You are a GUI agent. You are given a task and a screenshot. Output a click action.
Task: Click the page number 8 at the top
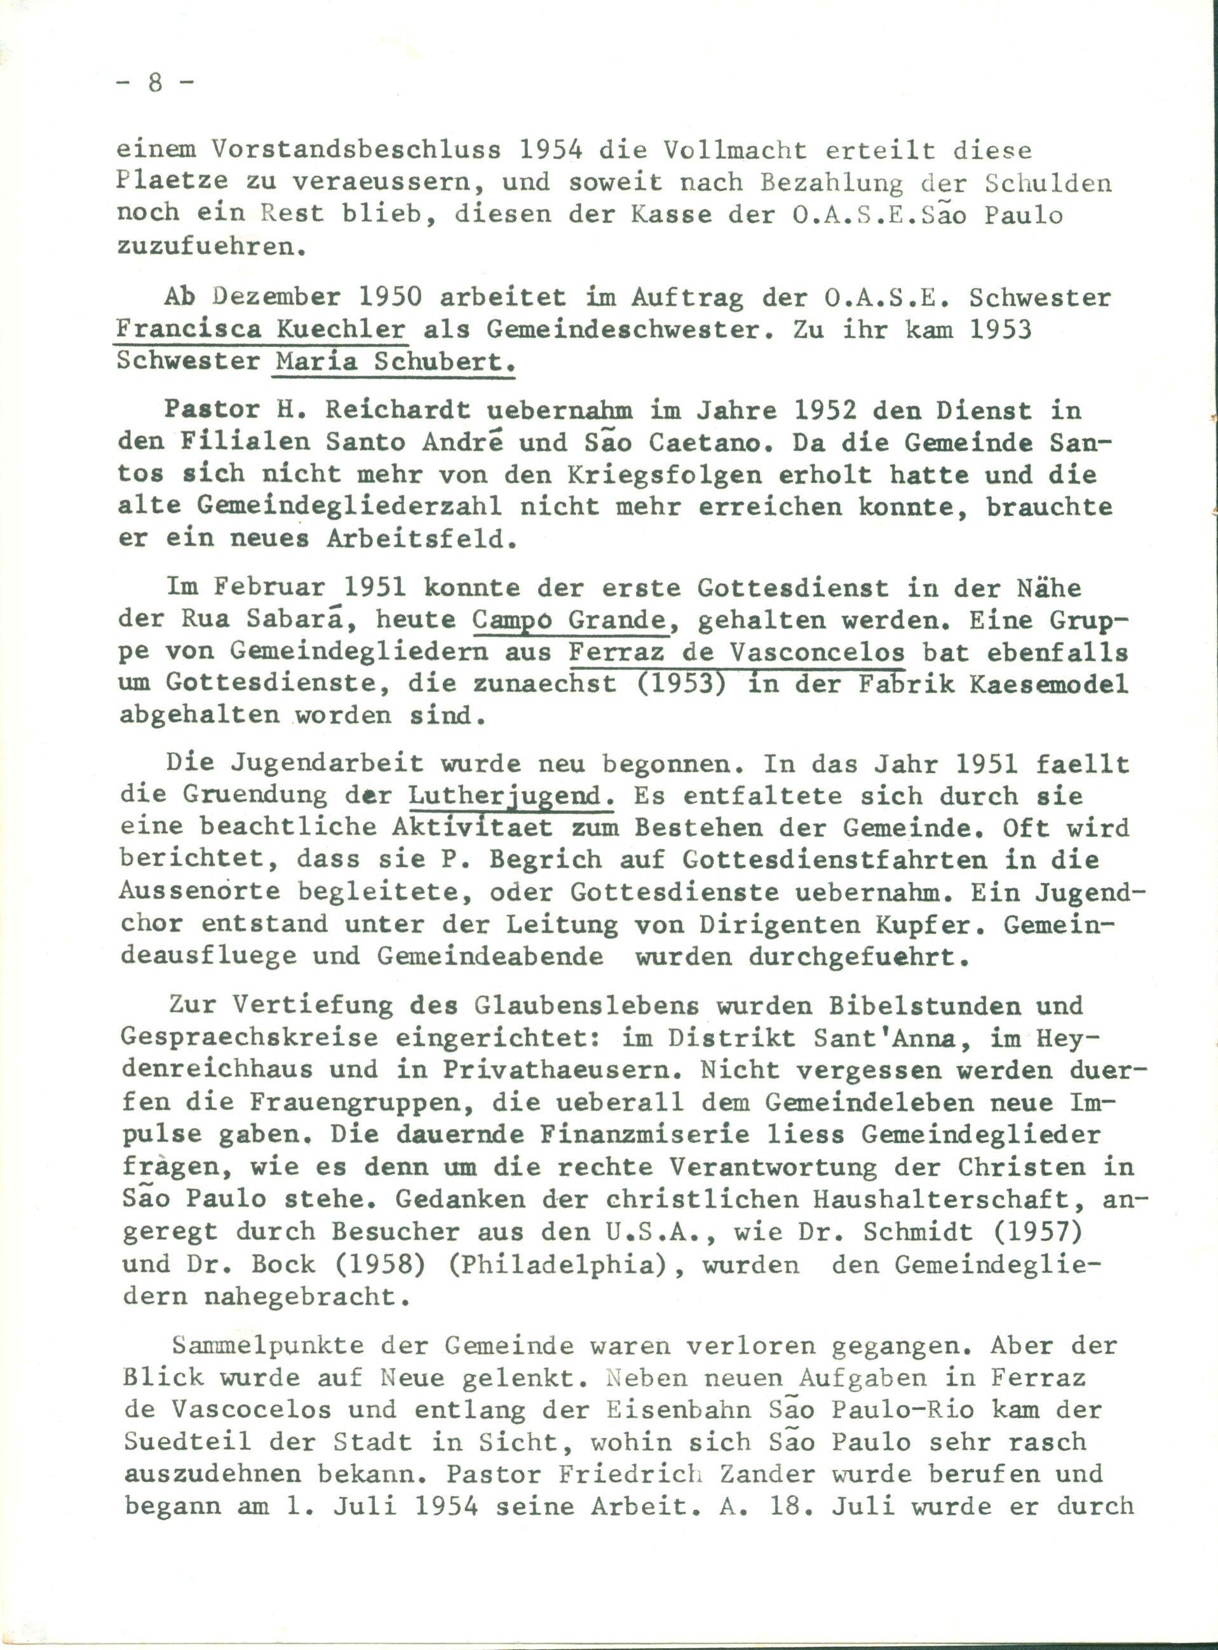[155, 83]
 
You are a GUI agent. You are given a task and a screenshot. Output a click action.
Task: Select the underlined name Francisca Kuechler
[262, 329]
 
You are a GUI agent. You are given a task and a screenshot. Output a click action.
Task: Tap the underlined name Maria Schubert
[393, 362]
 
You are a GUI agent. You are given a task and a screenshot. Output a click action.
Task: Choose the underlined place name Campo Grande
[570, 620]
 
